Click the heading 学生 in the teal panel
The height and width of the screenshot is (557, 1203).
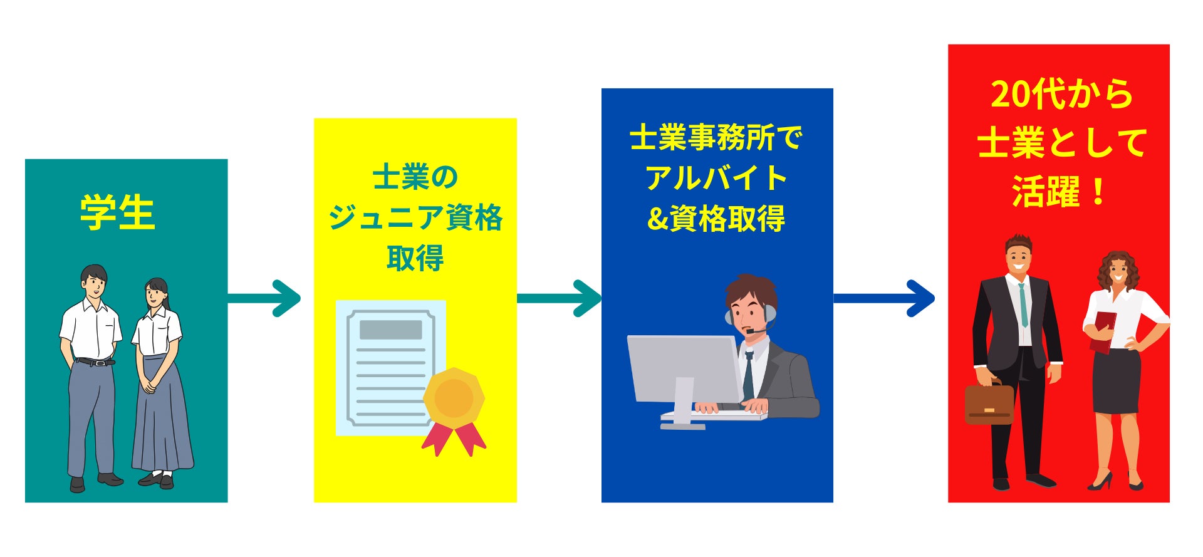(117, 213)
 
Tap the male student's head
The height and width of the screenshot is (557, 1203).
(95, 283)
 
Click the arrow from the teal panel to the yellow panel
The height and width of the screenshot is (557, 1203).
(264, 298)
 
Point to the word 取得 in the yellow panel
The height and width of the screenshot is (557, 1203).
(415, 258)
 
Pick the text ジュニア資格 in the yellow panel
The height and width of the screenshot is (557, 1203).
(415, 217)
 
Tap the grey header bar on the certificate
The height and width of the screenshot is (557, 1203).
(390, 330)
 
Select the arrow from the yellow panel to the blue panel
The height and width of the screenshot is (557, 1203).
(559, 298)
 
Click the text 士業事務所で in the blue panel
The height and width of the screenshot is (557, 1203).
(716, 137)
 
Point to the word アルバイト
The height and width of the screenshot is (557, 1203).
(716, 178)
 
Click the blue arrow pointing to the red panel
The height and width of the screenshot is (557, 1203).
(883, 298)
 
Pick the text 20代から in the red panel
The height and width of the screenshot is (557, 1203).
(1062, 95)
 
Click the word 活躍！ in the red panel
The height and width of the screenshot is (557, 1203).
(1059, 191)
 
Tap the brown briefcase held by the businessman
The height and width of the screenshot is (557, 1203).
(989, 403)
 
